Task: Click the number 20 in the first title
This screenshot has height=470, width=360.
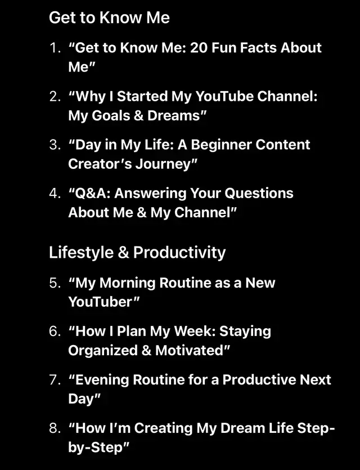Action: (x=199, y=48)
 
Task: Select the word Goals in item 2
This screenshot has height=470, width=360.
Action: (x=111, y=116)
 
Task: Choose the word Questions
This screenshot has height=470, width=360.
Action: (x=259, y=194)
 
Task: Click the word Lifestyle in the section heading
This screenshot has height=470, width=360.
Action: (x=81, y=253)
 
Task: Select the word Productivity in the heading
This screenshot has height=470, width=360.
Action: (x=179, y=253)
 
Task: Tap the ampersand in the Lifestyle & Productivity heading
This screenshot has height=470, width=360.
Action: (x=123, y=253)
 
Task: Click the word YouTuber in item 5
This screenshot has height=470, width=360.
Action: (x=100, y=302)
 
